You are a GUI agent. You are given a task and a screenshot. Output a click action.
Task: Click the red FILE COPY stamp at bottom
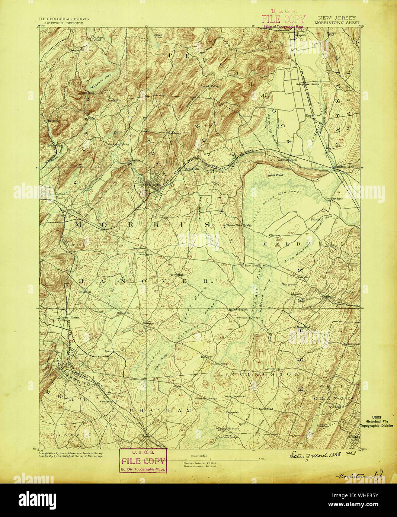pyautogui.click(x=143, y=461)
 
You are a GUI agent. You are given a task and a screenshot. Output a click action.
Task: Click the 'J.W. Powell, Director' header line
pyautogui.click(x=61, y=23)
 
